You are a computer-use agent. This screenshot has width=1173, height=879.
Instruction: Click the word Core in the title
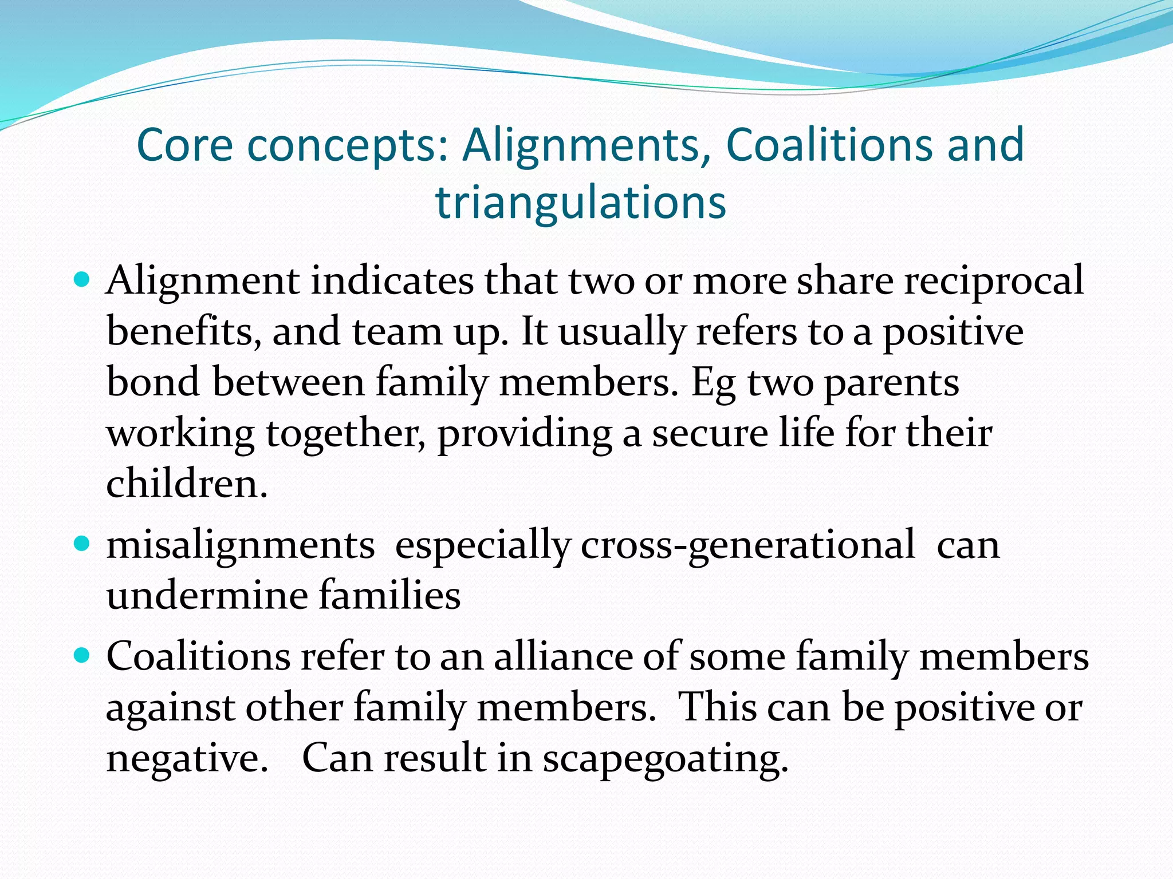(185, 145)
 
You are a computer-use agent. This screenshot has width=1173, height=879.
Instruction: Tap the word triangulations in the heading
(581, 203)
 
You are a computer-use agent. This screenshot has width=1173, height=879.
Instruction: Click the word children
(187, 484)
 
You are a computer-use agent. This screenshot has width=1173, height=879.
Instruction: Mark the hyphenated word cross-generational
(748, 545)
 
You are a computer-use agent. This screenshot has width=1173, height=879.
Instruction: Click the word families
(389, 595)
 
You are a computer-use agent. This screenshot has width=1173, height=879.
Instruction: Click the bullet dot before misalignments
(82, 543)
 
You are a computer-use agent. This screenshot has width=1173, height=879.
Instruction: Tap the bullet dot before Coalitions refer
(82, 654)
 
